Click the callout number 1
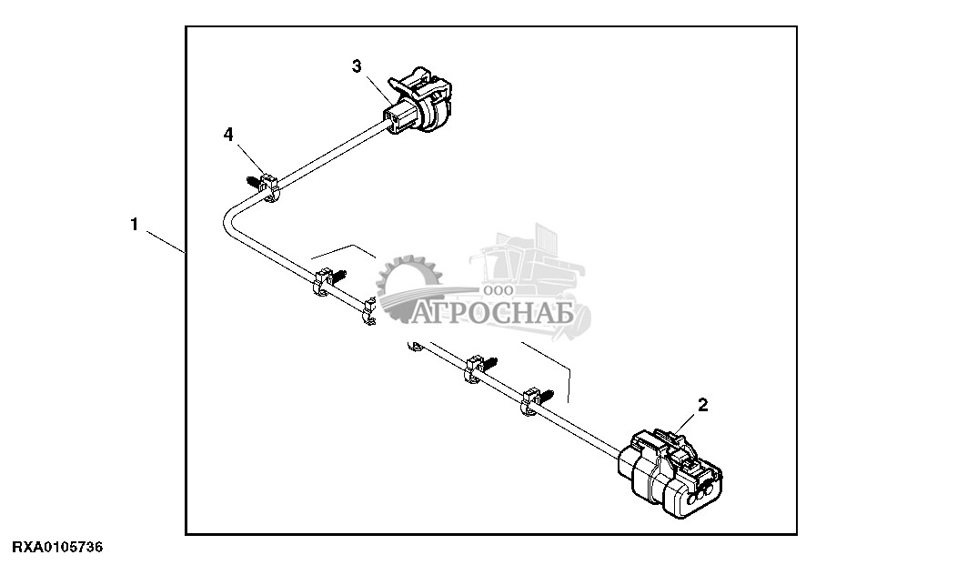134,225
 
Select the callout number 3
357,66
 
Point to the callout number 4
228,135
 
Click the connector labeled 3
420,102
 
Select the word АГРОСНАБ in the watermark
494,315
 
